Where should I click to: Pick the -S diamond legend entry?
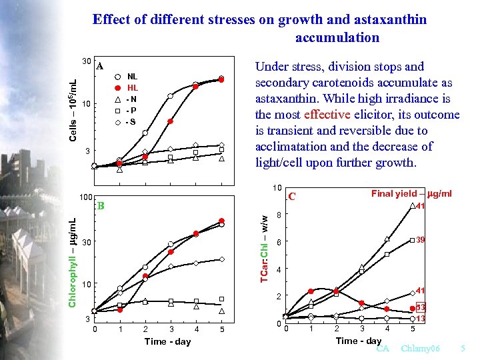click(127, 121)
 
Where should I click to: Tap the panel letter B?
click(101, 205)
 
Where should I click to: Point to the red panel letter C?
click(291, 197)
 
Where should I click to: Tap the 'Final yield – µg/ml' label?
click(411, 194)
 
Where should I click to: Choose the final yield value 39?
click(421, 239)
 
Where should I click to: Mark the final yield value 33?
click(421, 307)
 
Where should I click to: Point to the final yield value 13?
click(421, 319)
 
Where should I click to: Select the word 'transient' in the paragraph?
click(291, 130)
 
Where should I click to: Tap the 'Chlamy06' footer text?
click(421, 349)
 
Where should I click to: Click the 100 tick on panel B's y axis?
click(85, 198)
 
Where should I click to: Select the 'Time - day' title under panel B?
click(167, 341)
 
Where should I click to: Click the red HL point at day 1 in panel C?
click(311, 291)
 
